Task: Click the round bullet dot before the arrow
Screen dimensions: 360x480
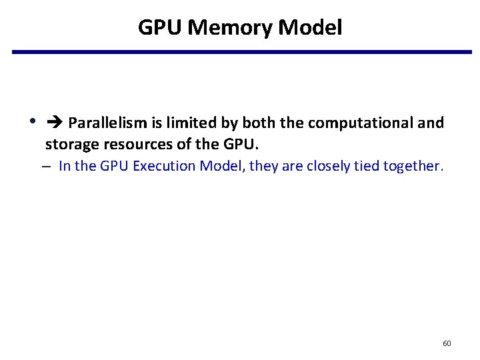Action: (32, 122)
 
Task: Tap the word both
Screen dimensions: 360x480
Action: (256, 123)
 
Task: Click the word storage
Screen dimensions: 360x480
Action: (69, 144)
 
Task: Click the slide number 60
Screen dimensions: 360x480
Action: (447, 343)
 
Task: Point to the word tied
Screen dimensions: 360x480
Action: (367, 166)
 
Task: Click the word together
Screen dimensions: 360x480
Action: (413, 166)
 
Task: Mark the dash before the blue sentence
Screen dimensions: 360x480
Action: (51, 167)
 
